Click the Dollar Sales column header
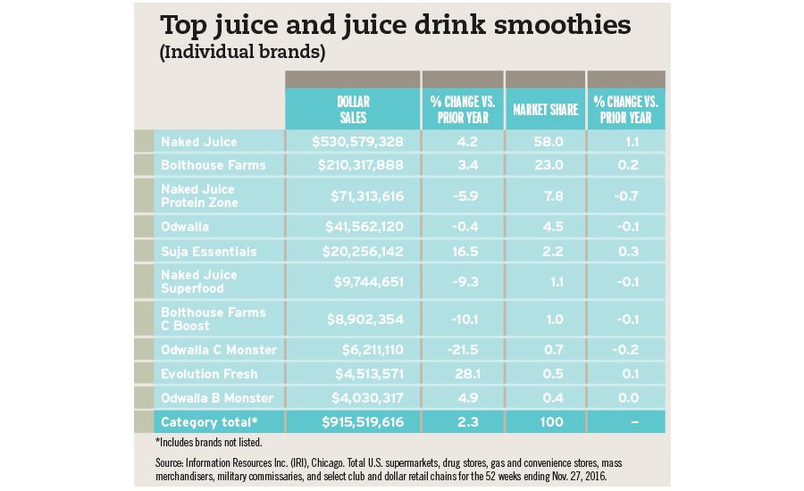tap(353, 109)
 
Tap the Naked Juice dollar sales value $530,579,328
tap(358, 141)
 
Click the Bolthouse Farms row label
tap(213, 165)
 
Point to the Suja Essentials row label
tap(208, 252)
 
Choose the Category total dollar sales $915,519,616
tap(358, 421)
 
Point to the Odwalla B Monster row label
tap(217, 397)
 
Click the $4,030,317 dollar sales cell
tap(361, 397)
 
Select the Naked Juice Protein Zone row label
tap(197, 196)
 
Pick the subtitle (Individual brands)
tap(240, 53)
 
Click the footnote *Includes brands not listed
tap(207, 442)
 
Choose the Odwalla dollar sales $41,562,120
tap(361, 227)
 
